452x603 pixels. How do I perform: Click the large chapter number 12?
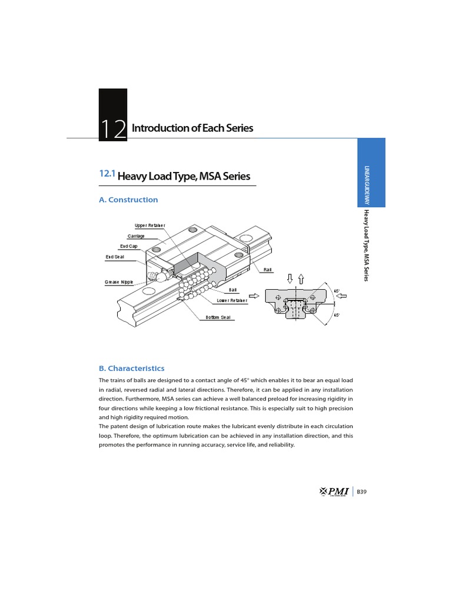pos(113,128)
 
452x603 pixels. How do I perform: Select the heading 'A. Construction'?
pos(128,200)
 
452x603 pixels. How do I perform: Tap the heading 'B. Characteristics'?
pos(131,368)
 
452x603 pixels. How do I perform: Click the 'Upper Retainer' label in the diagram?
pos(150,226)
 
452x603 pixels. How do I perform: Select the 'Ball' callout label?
pos(232,290)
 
